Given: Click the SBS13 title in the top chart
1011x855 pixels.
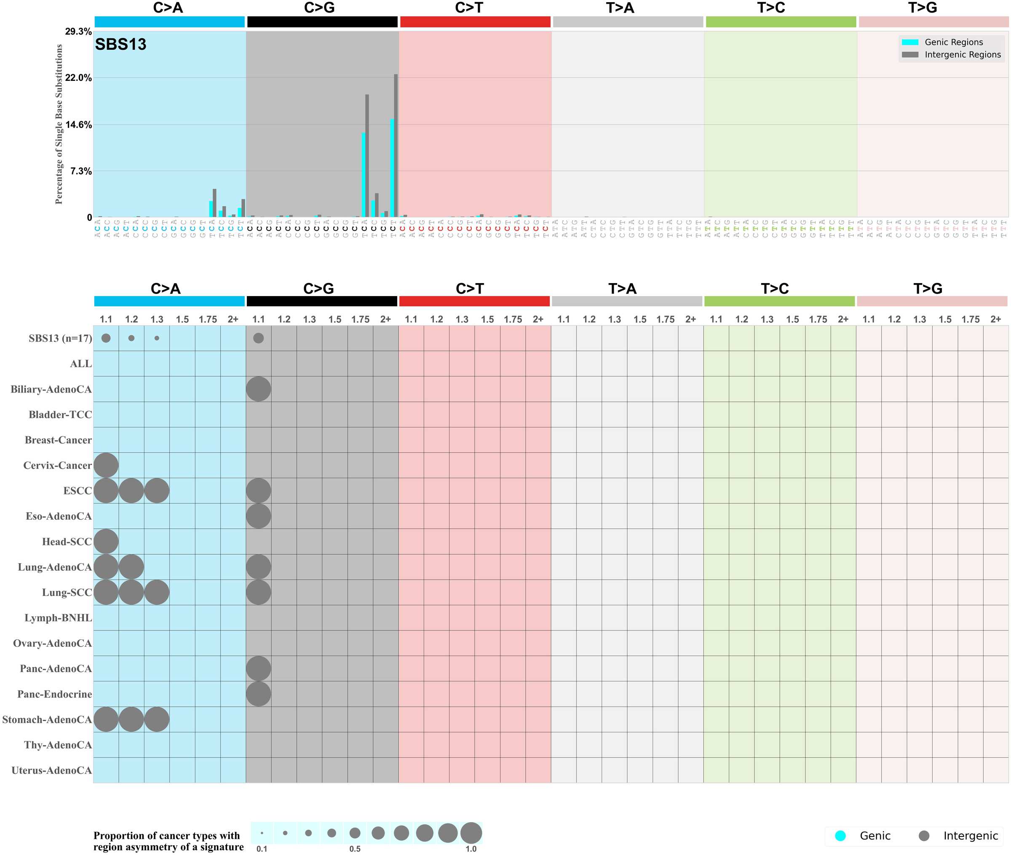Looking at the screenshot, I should [x=120, y=44].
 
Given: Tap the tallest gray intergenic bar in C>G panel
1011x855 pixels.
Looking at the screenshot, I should [x=396, y=145].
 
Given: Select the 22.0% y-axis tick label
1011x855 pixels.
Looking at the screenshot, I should [x=78, y=77].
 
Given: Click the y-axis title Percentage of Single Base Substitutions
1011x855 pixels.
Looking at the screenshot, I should [x=59, y=124].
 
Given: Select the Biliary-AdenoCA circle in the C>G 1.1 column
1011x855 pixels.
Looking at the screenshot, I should [x=258, y=389].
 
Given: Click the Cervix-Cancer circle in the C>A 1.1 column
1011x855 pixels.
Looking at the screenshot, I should [x=106, y=465].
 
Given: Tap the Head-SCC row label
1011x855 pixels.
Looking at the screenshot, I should [x=67, y=541].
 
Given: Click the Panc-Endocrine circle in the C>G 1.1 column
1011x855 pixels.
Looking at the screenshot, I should [x=258, y=694].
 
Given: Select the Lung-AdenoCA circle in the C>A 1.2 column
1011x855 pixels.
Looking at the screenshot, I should [x=131, y=567].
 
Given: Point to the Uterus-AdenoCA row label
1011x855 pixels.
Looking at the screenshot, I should [x=51, y=770].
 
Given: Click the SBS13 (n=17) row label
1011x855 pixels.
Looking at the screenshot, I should [x=60, y=338].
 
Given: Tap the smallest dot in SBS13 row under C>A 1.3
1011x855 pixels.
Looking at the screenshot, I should [x=157, y=338].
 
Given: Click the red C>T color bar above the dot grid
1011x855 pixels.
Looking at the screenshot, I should [x=474, y=301].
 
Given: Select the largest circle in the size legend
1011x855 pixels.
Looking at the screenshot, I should [x=471, y=833].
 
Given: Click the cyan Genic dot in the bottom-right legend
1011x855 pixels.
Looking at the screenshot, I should [x=840, y=836].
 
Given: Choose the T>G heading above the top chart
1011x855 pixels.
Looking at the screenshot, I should [x=922, y=8].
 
